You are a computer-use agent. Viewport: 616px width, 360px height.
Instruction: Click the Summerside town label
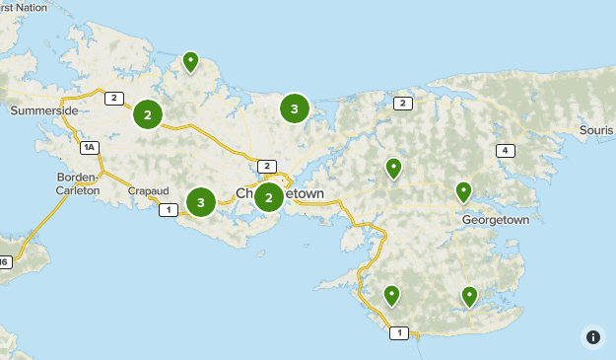[44, 111]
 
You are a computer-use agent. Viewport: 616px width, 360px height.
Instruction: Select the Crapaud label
[148, 190]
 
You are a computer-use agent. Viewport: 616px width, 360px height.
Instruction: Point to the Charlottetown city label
[279, 193]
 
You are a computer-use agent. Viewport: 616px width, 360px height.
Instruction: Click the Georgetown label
[495, 219]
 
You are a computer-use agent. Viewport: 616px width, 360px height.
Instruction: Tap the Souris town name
[595, 130]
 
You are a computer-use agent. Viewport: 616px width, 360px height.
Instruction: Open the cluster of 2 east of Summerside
[148, 115]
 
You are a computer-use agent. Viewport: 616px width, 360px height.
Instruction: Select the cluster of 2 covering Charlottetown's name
[268, 197]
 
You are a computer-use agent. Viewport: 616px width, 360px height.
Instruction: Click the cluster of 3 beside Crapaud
[200, 203]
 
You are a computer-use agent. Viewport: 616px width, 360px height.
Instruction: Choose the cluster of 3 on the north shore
[294, 108]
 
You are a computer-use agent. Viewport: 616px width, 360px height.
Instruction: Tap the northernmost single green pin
[190, 62]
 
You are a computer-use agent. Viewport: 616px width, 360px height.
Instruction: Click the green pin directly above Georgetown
[463, 191]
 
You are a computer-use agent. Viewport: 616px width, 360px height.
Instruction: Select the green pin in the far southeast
[470, 295]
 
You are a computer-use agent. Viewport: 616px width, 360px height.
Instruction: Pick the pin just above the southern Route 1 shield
[391, 295]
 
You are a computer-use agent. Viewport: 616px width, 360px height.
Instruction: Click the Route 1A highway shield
[90, 148]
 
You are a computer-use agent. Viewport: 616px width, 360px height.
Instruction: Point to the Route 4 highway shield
[506, 150]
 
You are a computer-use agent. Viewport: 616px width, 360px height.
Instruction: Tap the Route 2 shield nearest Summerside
[114, 98]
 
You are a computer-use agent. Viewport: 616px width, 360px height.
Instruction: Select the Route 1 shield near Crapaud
[169, 209]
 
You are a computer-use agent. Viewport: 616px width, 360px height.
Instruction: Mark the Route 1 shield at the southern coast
[398, 333]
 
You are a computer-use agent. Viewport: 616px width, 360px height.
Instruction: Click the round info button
[592, 337]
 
